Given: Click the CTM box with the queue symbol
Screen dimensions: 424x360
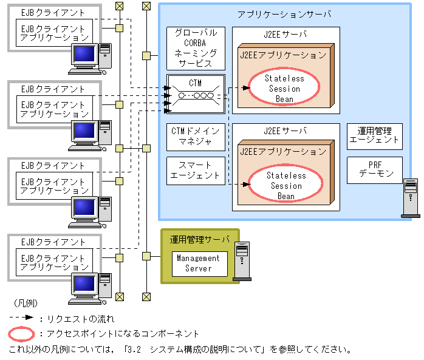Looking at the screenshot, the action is click(x=196, y=93).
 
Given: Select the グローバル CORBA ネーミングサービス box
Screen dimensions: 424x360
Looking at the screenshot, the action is click(x=196, y=49).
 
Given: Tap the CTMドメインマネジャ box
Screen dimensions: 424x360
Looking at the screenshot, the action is click(x=196, y=137).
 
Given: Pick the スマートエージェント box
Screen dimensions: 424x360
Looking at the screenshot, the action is click(x=196, y=171).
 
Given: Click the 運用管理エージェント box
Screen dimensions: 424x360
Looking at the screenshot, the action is click(x=375, y=137).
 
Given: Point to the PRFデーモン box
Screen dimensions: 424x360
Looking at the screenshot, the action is click(x=375, y=170).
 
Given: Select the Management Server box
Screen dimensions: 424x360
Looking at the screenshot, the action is click(x=200, y=264).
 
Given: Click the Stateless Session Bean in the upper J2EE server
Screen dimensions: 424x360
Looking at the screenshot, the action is click(x=284, y=87).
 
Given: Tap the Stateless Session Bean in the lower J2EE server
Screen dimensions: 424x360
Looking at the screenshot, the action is click(x=286, y=183).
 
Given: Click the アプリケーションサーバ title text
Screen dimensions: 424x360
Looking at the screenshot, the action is click(x=284, y=15).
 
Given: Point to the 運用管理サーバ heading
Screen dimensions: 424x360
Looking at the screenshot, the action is click(x=200, y=240).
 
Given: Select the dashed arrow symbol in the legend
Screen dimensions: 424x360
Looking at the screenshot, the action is click(x=21, y=318).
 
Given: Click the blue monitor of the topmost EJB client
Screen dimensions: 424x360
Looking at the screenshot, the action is click(x=84, y=53).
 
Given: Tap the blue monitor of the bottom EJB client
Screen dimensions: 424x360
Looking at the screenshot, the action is click(x=84, y=284).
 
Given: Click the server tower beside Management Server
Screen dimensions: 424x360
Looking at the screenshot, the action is click(x=242, y=261).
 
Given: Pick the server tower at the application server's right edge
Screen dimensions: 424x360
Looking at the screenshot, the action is click(x=411, y=198).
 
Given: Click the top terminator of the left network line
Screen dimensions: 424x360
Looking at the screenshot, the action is click(x=119, y=6).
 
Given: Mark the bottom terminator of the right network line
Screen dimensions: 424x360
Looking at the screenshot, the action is click(x=146, y=297).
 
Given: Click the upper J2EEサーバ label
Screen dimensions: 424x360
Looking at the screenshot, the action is click(x=286, y=35).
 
